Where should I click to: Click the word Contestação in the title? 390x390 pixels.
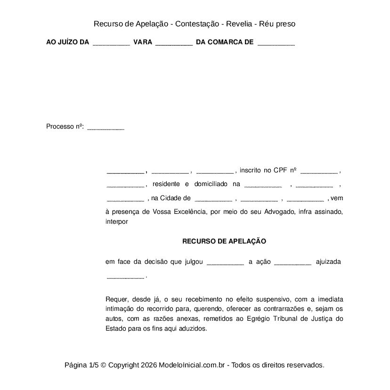[x=196, y=24]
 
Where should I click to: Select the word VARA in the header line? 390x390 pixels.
[x=143, y=42]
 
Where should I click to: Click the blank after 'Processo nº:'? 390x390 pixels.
[x=106, y=128]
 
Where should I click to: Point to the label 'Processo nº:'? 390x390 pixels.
[x=65, y=127]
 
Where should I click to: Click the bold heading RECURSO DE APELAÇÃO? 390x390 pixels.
[x=224, y=241]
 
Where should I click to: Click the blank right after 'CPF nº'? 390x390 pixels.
[x=319, y=171]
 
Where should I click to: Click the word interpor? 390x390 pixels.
[x=117, y=221]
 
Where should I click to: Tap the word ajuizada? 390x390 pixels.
[x=328, y=261]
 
